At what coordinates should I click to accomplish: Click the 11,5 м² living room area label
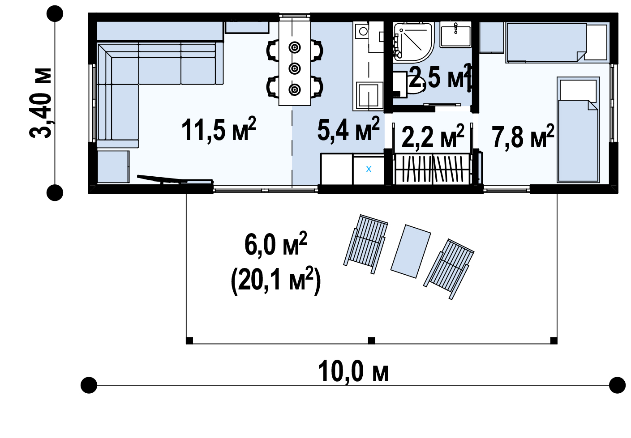(x=219, y=130)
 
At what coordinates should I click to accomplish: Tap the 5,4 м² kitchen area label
(x=348, y=130)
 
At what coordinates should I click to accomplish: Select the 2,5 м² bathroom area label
(x=439, y=77)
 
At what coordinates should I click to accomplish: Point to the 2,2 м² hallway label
(x=432, y=137)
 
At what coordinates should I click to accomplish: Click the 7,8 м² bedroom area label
(x=523, y=137)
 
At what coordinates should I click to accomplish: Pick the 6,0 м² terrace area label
(x=275, y=245)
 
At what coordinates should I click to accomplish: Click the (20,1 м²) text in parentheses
(x=275, y=281)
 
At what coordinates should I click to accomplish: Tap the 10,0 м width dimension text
(x=353, y=371)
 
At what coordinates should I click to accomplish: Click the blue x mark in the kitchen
(x=369, y=169)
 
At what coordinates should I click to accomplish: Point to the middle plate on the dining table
(x=294, y=68)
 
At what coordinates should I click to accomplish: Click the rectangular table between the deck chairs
(x=411, y=251)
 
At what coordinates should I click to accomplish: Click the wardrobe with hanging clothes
(x=432, y=169)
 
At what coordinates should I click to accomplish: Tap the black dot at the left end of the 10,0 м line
(x=89, y=385)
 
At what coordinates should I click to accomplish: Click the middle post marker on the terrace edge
(x=371, y=340)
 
